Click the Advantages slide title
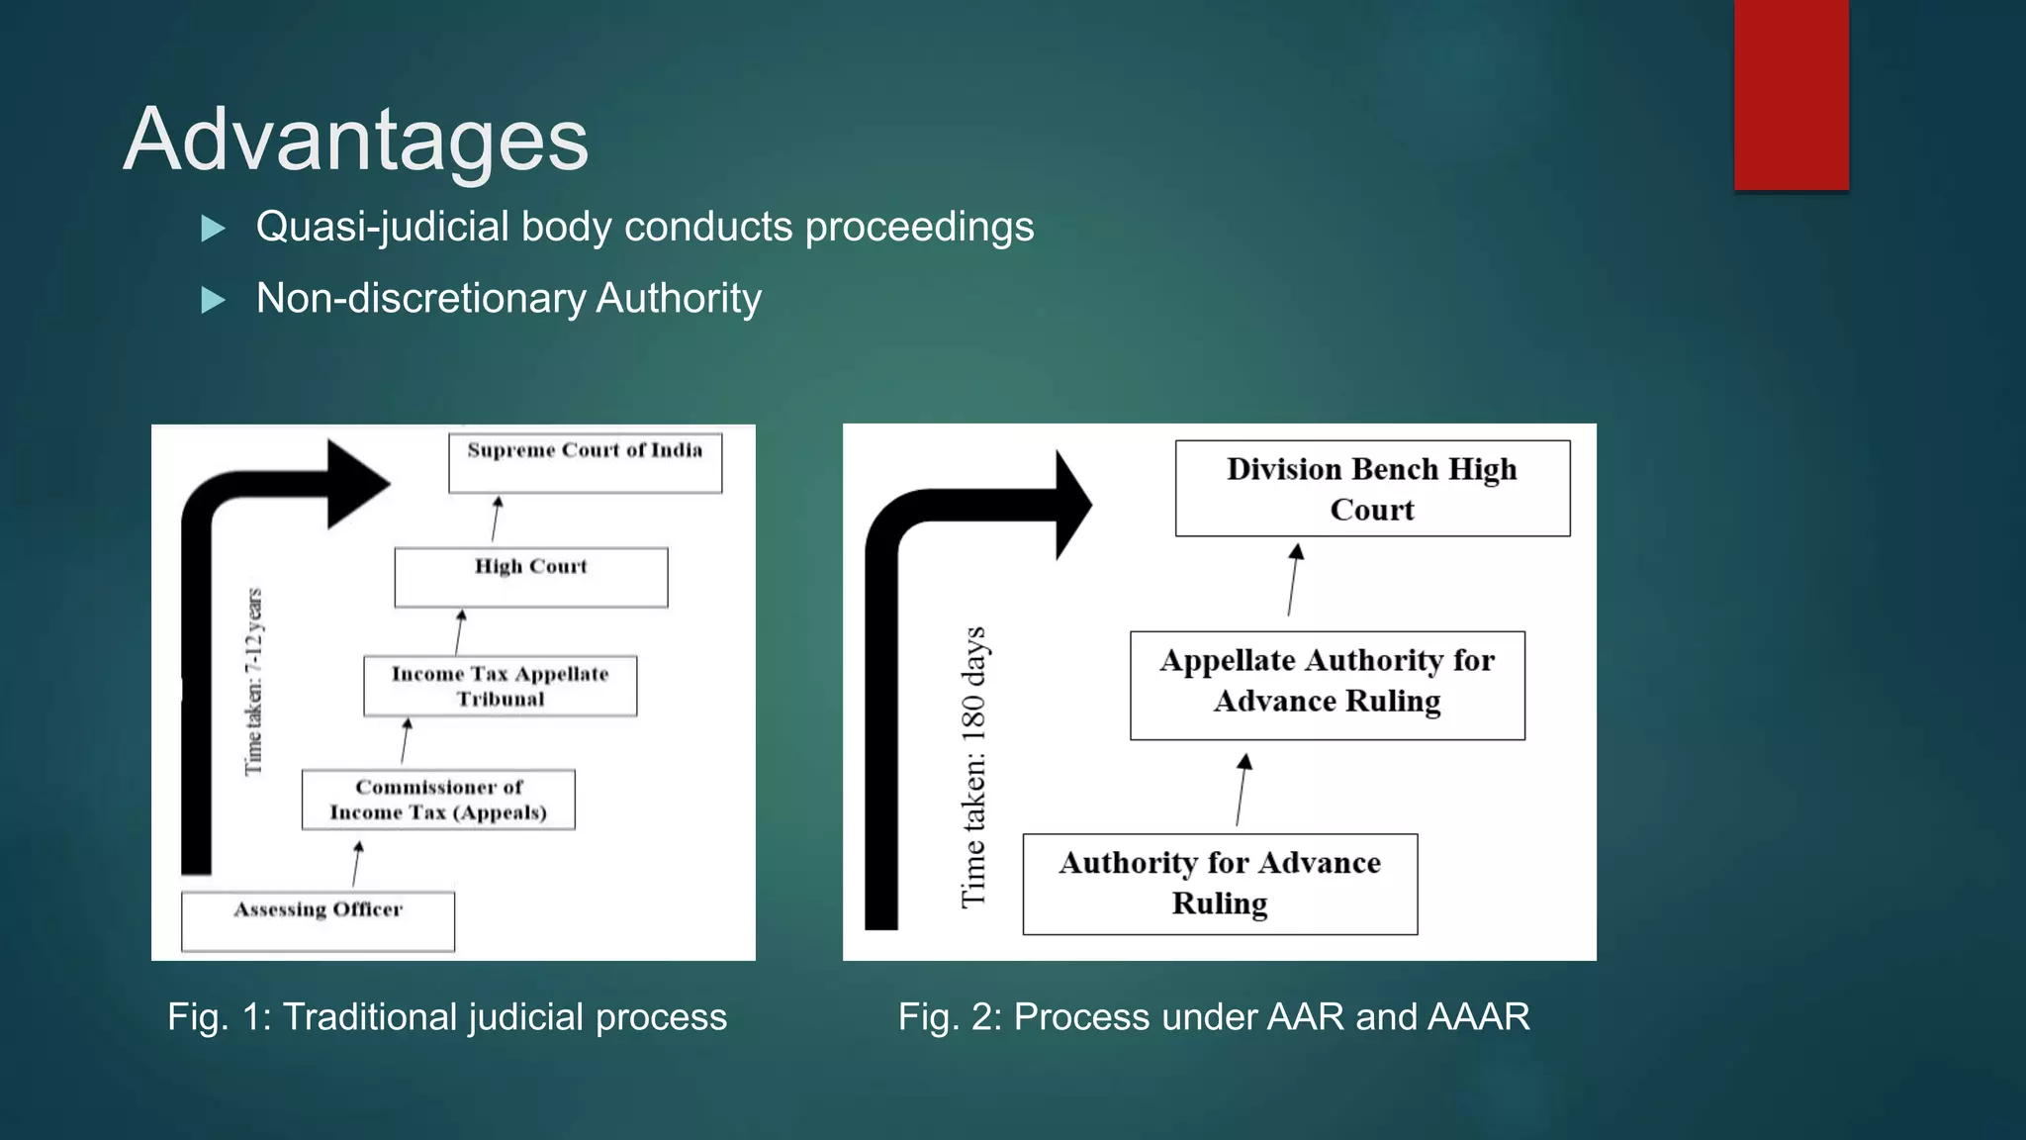[x=356, y=140]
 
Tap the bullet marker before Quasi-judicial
[x=213, y=229]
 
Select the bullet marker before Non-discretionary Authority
[x=213, y=300]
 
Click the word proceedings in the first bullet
[x=919, y=227]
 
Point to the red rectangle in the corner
[x=1791, y=94]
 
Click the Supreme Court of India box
[x=585, y=462]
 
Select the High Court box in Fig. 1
[x=530, y=577]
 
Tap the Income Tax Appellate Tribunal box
[x=500, y=686]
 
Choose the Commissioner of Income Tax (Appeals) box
[x=438, y=800]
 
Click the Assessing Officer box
[x=318, y=921]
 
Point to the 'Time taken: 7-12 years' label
[x=254, y=682]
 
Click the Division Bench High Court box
[x=1372, y=489]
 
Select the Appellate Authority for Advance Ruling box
[x=1327, y=685]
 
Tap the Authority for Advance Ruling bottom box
[x=1220, y=884]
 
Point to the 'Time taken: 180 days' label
[x=974, y=766]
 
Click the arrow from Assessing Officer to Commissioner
[x=356, y=864]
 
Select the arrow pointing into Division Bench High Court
[x=1293, y=580]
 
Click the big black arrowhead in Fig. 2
[x=1072, y=505]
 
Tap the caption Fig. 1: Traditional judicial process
[x=447, y=1017]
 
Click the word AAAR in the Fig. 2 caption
[x=1479, y=1017]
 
